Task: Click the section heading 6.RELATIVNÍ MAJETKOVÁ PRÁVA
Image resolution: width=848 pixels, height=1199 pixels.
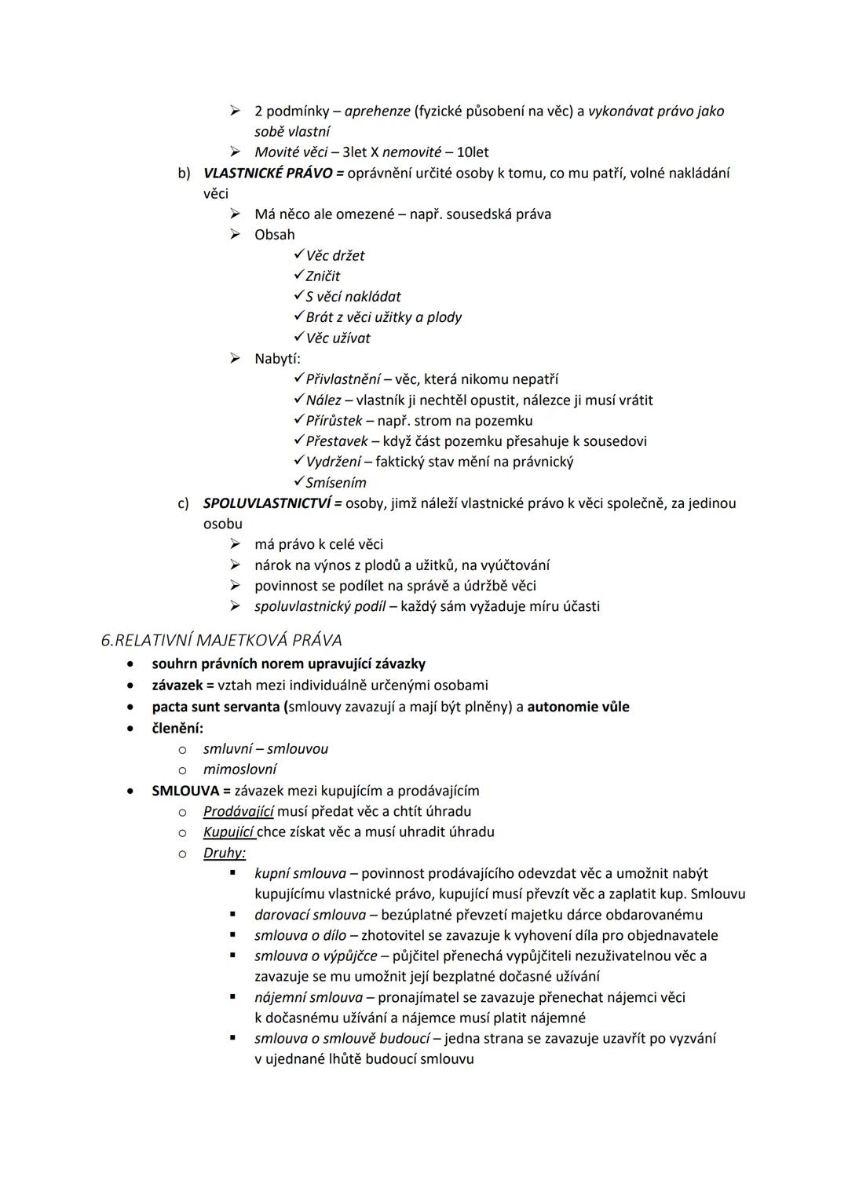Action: [221, 640]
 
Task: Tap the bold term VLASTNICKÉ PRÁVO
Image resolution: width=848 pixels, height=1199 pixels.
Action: [267, 173]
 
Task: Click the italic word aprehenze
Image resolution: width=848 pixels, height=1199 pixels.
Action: [377, 111]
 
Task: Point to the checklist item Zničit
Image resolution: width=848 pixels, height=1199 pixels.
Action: [323, 276]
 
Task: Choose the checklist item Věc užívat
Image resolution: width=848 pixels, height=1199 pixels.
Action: [338, 338]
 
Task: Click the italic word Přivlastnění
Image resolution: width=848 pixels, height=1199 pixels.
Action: [343, 379]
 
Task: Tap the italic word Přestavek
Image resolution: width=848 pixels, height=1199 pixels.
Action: [337, 441]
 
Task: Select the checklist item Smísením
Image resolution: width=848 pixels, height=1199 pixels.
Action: [336, 483]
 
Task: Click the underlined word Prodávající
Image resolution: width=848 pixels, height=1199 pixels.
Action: [238, 812]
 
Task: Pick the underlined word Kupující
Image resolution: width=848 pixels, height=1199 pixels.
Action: [228, 832]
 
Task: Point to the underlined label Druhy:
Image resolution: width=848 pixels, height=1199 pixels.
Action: [225, 853]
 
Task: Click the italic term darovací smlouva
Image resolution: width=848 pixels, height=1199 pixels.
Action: [310, 915]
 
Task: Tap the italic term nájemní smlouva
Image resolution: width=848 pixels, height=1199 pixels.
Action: [309, 997]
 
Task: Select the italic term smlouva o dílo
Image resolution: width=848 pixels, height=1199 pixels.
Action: [300, 935]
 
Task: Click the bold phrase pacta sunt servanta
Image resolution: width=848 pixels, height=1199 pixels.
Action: [216, 707]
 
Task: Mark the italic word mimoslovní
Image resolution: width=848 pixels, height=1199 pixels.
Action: [239, 769]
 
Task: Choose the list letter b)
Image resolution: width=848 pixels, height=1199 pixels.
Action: [184, 173]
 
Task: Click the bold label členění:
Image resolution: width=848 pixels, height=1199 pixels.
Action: [177, 728]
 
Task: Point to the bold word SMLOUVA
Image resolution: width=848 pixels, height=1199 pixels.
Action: [185, 791]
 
